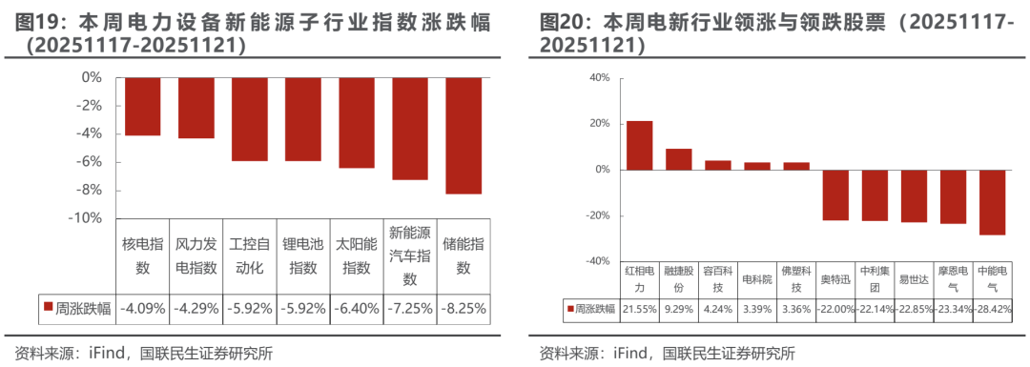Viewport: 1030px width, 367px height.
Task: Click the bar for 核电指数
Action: pyautogui.click(x=142, y=106)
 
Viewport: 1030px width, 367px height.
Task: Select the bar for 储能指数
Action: pyautogui.click(x=463, y=135)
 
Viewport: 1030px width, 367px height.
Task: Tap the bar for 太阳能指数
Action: pyautogui.click(x=357, y=122)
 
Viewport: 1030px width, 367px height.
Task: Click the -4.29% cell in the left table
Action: pyautogui.click(x=196, y=308)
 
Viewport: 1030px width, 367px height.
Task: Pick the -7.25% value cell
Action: pyautogui.click(x=410, y=308)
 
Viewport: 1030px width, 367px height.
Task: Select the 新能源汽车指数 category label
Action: pyautogui.click(x=410, y=256)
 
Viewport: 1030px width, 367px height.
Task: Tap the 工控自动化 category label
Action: pyautogui.click(x=249, y=256)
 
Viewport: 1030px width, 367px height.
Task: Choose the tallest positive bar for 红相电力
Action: pyautogui.click(x=639, y=145)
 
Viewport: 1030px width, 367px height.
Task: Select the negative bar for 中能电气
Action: pyautogui.click(x=992, y=202)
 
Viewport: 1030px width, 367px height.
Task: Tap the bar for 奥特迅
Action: pyautogui.click(x=835, y=194)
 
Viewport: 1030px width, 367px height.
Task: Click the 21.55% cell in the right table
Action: pyautogui.click(x=639, y=309)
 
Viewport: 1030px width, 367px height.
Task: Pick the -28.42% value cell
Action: pyautogui.click(x=992, y=309)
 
